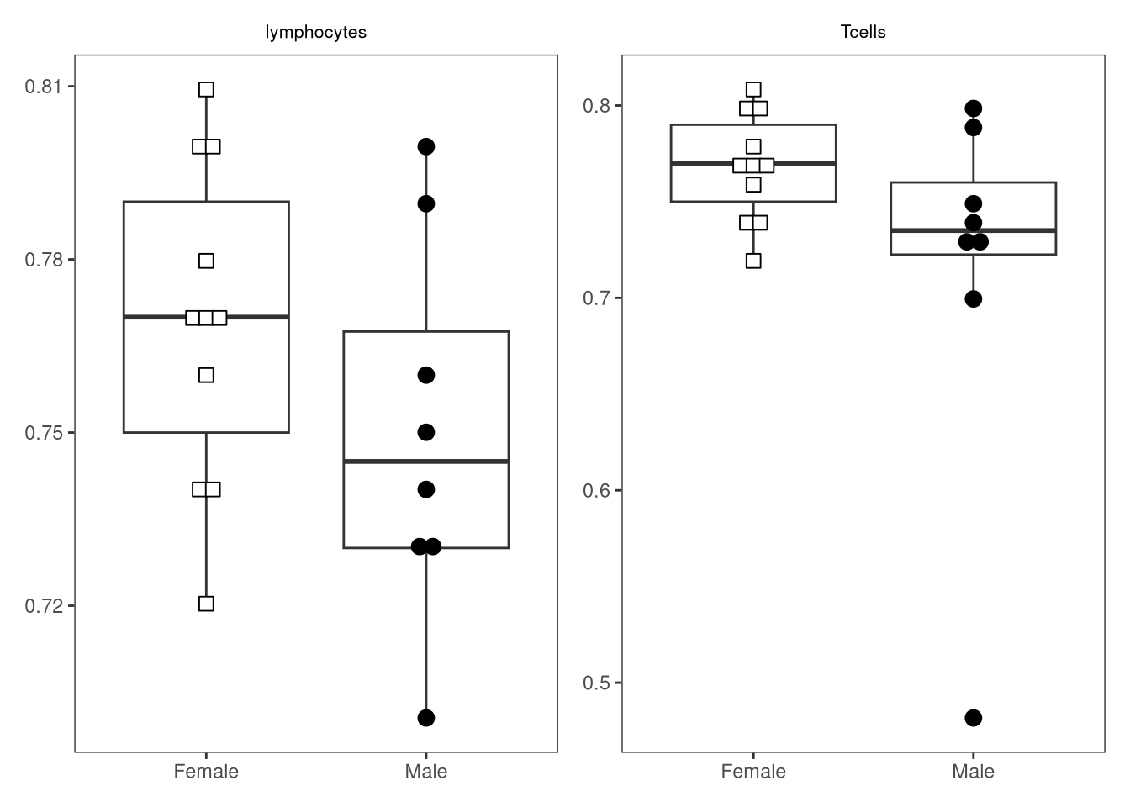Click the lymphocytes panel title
point(316,32)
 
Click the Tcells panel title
point(863,32)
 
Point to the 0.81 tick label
point(43,87)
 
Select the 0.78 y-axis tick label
point(43,260)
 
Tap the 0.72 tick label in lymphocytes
point(43,606)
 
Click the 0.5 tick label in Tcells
point(596,683)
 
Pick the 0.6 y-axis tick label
point(596,490)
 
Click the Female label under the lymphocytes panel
point(206,772)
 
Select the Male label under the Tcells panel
point(973,772)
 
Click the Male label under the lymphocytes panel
point(425,772)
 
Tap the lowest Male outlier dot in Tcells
point(973,718)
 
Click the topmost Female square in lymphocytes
point(206,89)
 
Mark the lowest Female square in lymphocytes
point(206,604)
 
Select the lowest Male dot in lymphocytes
point(426,718)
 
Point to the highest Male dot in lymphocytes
point(426,147)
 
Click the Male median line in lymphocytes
point(426,462)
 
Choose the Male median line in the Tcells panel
point(973,230)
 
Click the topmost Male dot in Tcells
point(973,108)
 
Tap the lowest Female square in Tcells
point(753,261)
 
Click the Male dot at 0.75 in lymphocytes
point(426,432)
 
